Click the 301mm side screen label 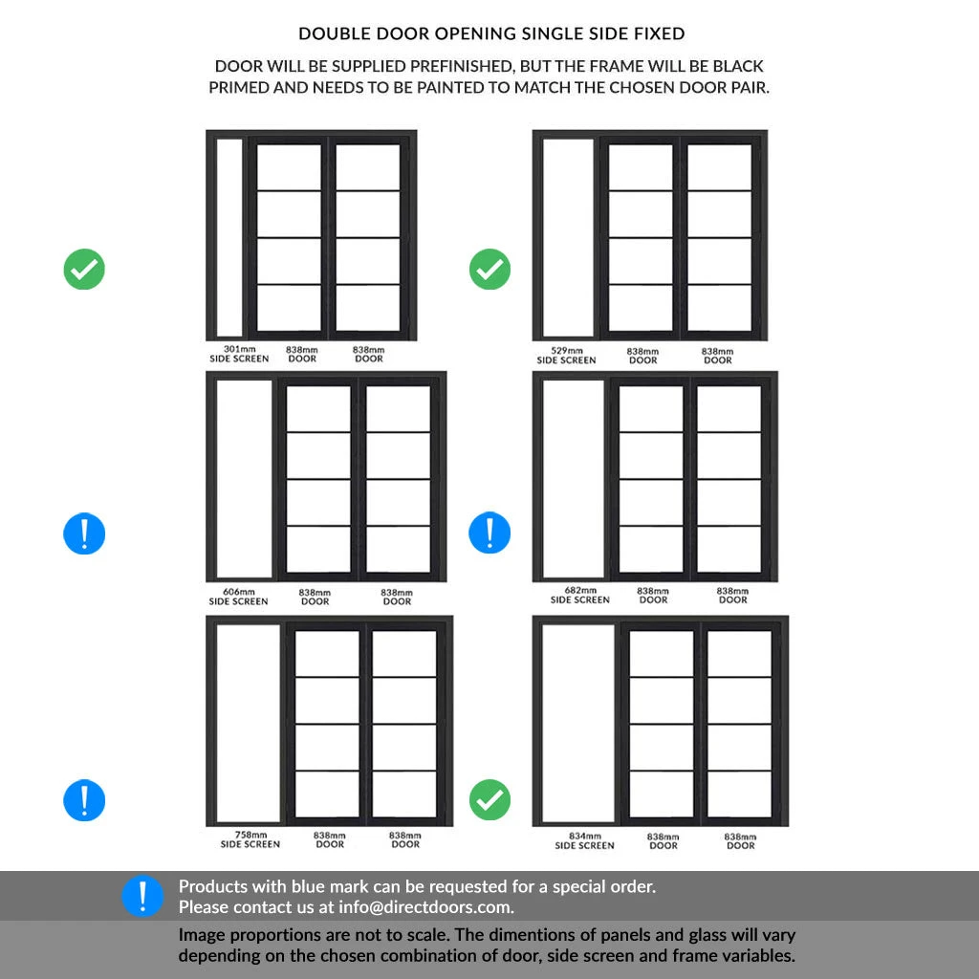point(239,355)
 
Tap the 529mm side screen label point(566,356)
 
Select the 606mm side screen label point(238,597)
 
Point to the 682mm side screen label point(579,596)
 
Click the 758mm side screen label point(250,839)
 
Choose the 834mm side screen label point(584,840)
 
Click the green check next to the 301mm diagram point(84,270)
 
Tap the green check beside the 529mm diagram point(489,270)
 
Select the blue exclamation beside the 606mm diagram point(84,533)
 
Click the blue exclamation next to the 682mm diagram point(489,533)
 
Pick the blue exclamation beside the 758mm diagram point(84,799)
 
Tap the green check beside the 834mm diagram point(489,799)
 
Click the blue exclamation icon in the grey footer point(142,897)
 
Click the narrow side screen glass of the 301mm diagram point(229,236)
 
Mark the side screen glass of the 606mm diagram point(245,478)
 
